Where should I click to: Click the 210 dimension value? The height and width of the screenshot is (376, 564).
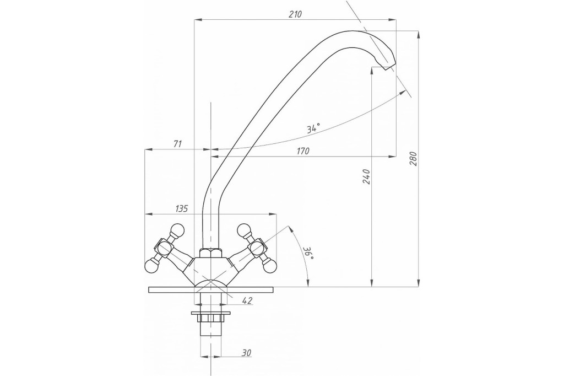[x=295, y=14]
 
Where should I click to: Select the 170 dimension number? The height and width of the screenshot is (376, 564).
[x=303, y=151]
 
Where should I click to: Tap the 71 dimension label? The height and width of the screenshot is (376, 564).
[x=178, y=144]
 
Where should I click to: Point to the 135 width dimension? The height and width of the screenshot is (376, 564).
[x=182, y=208]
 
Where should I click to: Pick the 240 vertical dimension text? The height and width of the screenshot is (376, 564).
[x=366, y=176]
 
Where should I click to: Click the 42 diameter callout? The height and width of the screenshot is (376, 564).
[x=247, y=300]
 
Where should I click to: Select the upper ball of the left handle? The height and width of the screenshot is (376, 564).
[x=177, y=230]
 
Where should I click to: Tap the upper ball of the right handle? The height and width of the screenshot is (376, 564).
[x=243, y=230]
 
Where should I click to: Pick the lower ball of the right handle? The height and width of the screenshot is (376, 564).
[x=270, y=266]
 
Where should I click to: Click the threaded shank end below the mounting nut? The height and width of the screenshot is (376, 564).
[x=210, y=329]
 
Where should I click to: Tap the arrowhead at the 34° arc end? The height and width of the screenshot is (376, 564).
[x=400, y=94]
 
